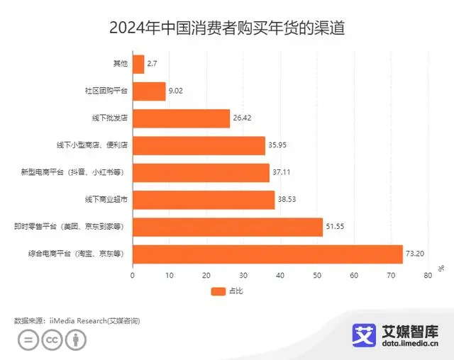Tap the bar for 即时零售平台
click(x=227, y=227)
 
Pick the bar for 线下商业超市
click(x=203, y=200)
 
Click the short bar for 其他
click(x=138, y=64)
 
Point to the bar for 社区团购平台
click(x=149, y=91)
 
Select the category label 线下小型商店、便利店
click(x=92, y=146)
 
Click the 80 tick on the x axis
click(x=427, y=275)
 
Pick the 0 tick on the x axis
click(x=133, y=275)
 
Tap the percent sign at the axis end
click(x=441, y=267)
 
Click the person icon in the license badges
click(x=75, y=340)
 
